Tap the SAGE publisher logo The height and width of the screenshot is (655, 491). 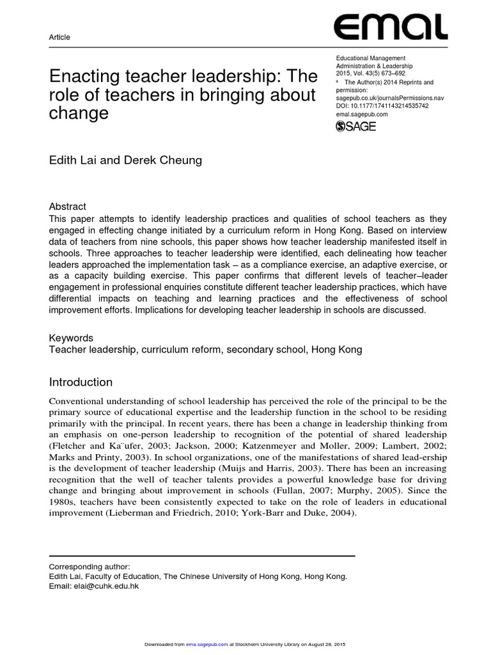(356, 126)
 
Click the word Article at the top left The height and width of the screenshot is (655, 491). (59, 37)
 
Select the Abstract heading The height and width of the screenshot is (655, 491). (67, 207)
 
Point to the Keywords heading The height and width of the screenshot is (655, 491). (71, 338)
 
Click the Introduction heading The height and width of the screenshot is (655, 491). (81, 382)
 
